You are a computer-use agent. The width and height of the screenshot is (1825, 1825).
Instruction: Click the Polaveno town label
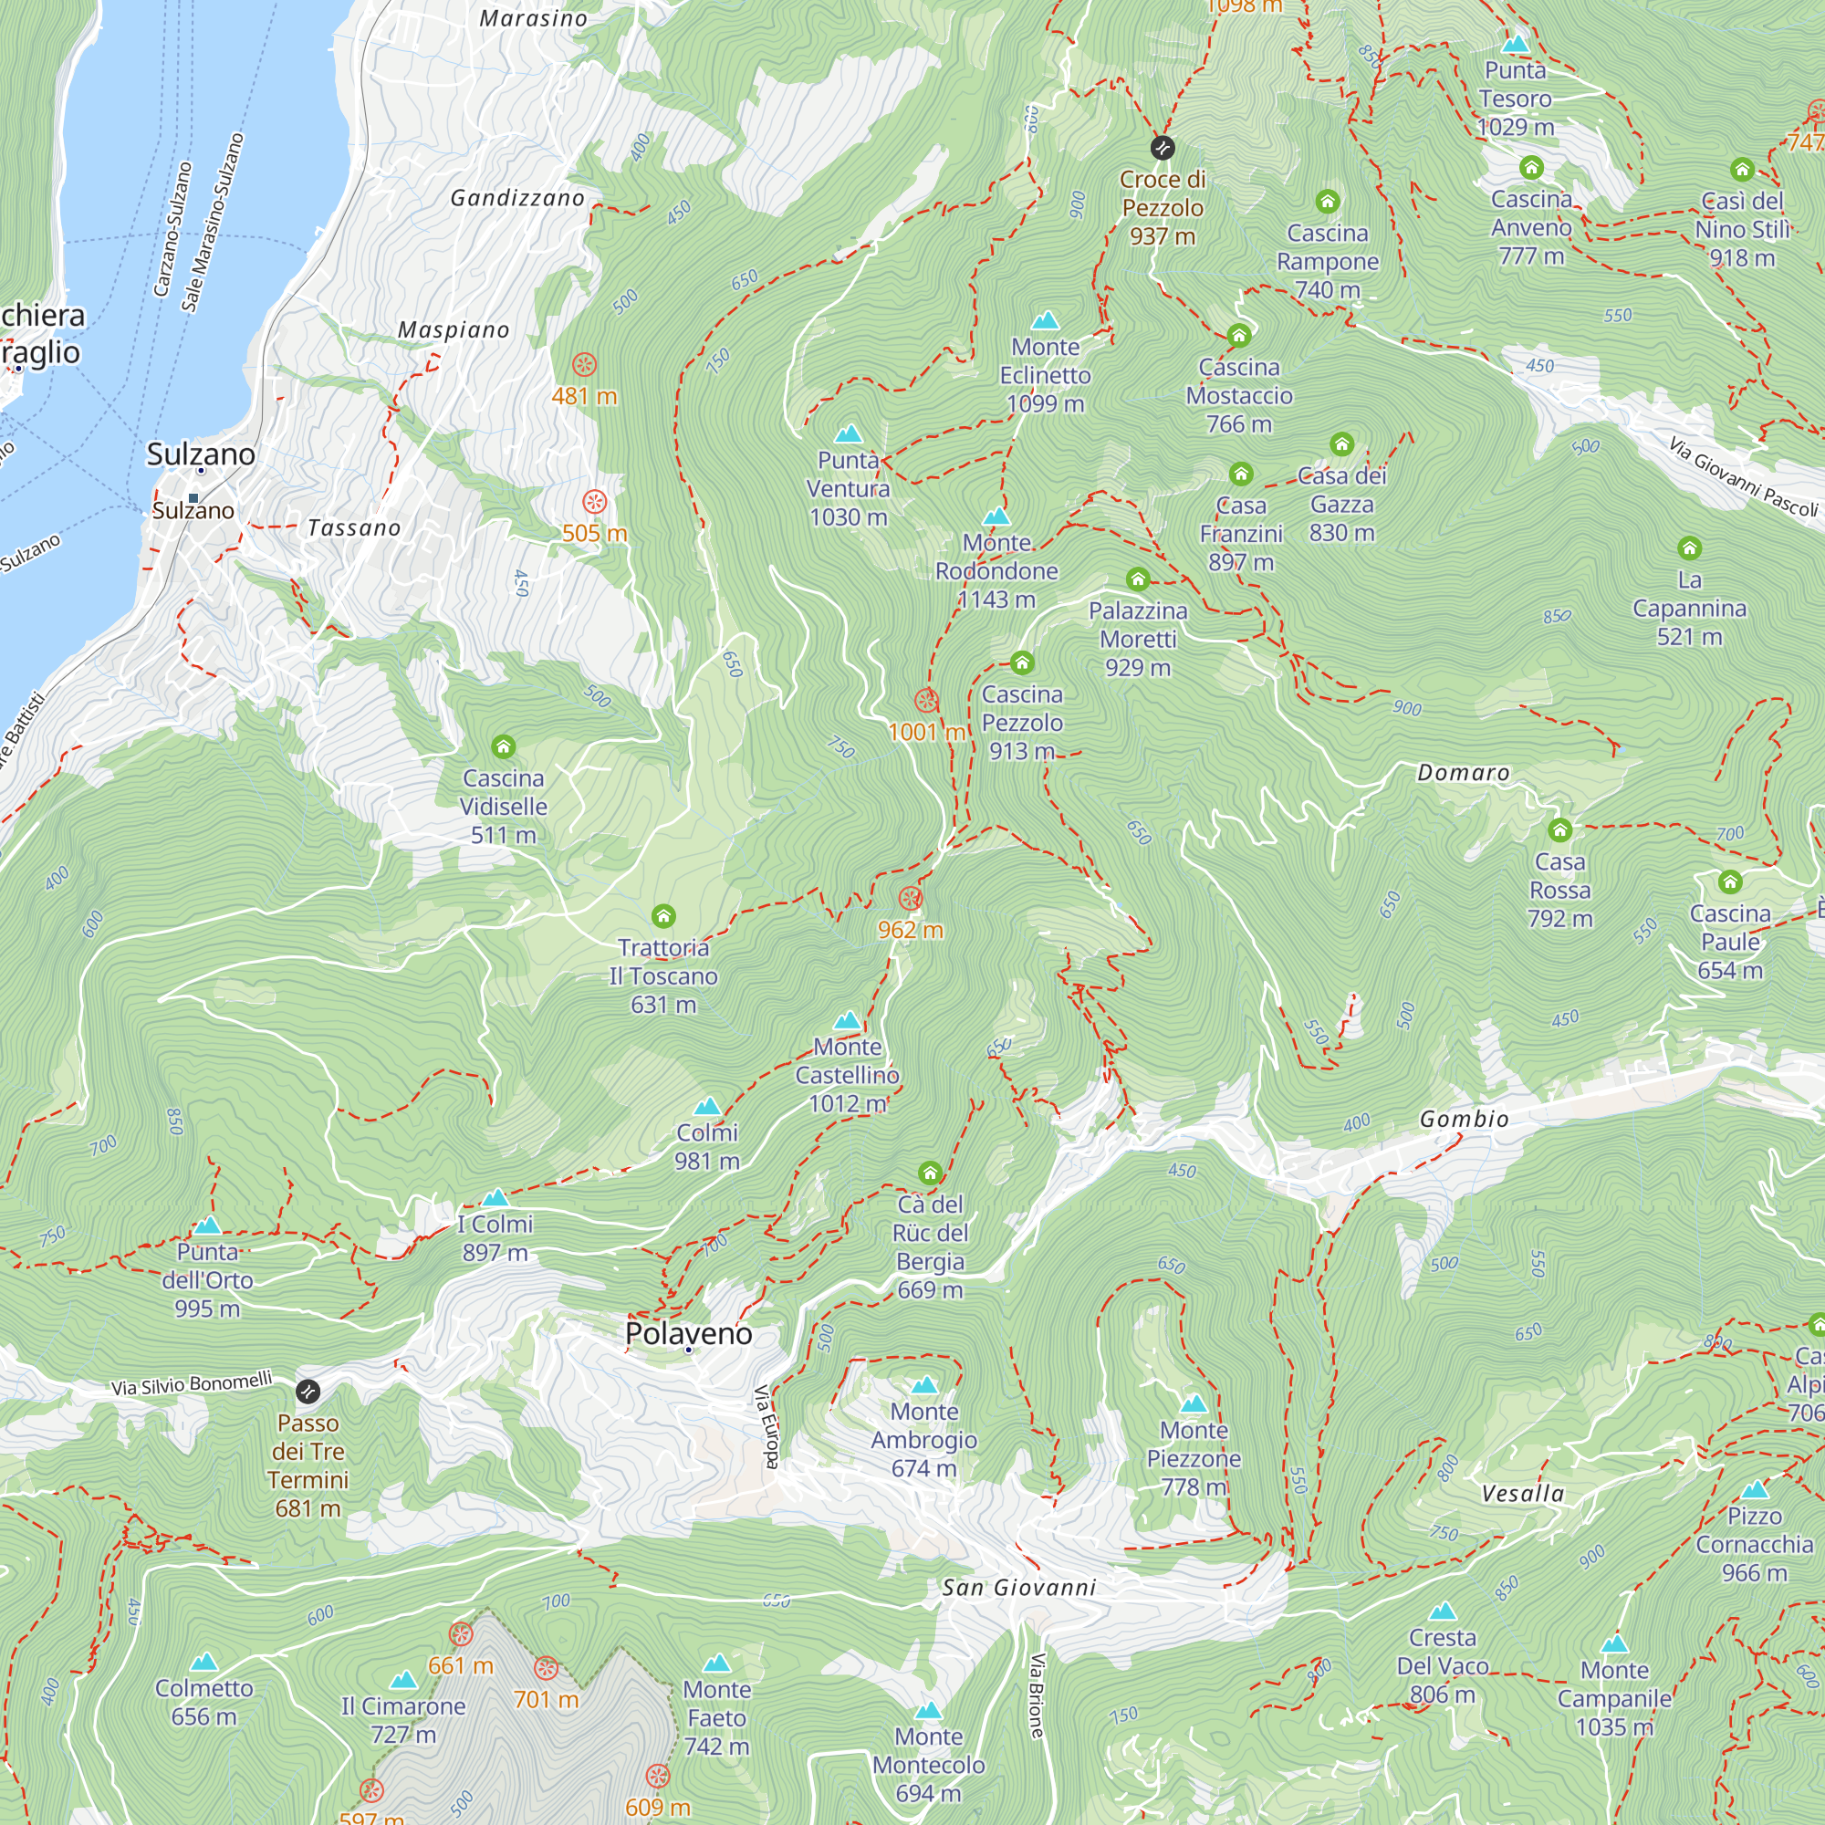[689, 1333]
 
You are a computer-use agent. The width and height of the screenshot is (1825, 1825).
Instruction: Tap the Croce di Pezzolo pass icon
[1162, 149]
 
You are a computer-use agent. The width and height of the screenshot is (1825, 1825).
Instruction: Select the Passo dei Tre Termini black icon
[308, 1392]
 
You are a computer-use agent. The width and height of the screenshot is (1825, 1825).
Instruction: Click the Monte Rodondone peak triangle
[996, 516]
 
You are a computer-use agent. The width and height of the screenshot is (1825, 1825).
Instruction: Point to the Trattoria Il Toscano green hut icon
[663, 916]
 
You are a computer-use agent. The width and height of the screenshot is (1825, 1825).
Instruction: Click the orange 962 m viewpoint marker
[910, 898]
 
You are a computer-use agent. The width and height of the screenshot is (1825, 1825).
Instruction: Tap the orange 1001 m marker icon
[925, 701]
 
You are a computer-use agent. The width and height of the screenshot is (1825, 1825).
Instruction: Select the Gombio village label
[1465, 1120]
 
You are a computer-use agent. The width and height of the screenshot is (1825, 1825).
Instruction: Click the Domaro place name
[1464, 773]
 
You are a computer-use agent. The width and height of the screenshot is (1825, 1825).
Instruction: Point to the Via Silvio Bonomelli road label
[192, 1384]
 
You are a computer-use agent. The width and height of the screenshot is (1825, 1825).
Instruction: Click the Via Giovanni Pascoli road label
[1742, 477]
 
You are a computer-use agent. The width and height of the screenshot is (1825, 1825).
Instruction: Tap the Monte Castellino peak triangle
[848, 1021]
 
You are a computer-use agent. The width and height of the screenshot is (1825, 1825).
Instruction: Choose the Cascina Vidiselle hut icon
[504, 747]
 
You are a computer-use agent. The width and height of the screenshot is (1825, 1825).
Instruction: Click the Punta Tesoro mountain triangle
[1515, 45]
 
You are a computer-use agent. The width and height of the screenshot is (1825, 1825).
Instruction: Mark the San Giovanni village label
[1019, 1588]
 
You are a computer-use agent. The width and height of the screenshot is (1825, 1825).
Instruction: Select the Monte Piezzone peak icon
[1194, 1403]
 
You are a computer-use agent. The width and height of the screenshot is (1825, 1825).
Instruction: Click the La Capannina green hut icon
[1689, 547]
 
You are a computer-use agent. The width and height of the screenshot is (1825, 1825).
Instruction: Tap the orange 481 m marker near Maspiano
[585, 365]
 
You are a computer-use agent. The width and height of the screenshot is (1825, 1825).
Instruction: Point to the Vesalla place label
[1523, 1494]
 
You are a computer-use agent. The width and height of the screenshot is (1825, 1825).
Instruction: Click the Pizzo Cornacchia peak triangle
[1754, 1490]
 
